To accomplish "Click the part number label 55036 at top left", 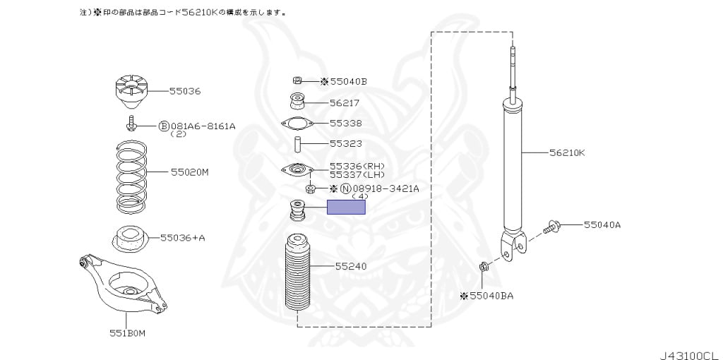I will pyautogui.click(x=185, y=91).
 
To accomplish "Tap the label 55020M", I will pyautogui.click(x=189, y=172).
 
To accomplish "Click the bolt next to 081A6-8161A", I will pyautogui.click(x=131, y=126).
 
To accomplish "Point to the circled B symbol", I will pyautogui.click(x=163, y=126).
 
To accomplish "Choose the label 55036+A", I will pyautogui.click(x=182, y=238).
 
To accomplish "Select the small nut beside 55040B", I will pyautogui.click(x=297, y=81).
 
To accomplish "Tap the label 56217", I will pyautogui.click(x=345, y=102).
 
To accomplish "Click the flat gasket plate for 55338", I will pyautogui.click(x=297, y=124).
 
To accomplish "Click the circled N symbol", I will pyautogui.click(x=345, y=188).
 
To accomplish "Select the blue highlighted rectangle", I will pyautogui.click(x=346, y=207).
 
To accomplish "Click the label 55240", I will pyautogui.click(x=350, y=266).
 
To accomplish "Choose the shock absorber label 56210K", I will pyautogui.click(x=568, y=152).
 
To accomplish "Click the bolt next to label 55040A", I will pyautogui.click(x=552, y=227).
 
